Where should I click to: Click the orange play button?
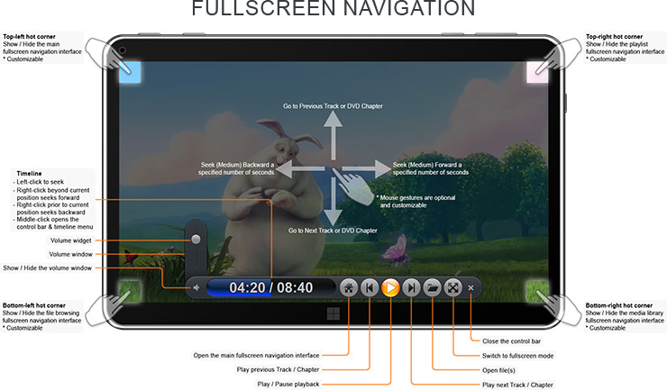pos(390,288)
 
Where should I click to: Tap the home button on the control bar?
pos(349,288)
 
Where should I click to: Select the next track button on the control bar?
pos(411,288)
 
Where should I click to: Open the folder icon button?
pos(432,288)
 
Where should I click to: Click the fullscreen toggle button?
pos(453,288)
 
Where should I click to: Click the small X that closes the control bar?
pos(471,288)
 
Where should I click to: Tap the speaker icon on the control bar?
pos(196,288)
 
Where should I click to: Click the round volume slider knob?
pos(196,239)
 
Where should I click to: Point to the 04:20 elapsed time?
pos(247,288)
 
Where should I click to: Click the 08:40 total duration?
pos(295,288)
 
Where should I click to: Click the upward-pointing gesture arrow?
pos(333,135)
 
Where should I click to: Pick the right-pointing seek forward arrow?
pos(367,168)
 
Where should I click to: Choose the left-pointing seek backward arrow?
pos(300,168)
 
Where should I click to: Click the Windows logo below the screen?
pos(333,313)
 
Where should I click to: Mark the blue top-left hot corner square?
pos(130,72)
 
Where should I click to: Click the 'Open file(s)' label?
pos(498,370)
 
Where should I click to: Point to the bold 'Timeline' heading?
pos(29,174)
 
